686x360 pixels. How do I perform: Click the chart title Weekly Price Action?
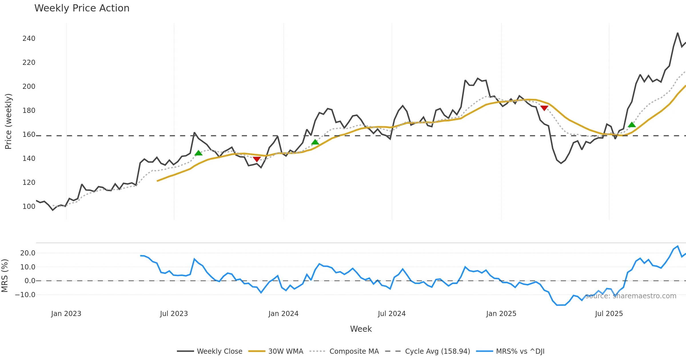point(82,8)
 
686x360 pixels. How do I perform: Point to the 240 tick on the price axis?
point(29,39)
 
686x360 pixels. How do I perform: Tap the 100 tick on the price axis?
point(29,206)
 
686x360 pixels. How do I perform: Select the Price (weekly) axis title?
point(8,121)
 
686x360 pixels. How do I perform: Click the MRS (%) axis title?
point(5,276)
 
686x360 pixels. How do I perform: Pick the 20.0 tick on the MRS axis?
point(28,253)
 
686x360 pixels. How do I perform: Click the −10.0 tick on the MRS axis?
point(25,295)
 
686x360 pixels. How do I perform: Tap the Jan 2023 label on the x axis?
point(66,314)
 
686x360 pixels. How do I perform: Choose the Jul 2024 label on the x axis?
point(392,314)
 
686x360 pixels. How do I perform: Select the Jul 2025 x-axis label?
point(609,314)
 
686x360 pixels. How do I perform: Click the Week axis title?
point(361,329)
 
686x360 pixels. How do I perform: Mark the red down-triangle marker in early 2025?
point(544,108)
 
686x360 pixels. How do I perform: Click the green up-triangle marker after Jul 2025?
point(632,125)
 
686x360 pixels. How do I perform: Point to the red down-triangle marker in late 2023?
point(257,159)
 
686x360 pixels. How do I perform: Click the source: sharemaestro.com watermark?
point(631,296)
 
